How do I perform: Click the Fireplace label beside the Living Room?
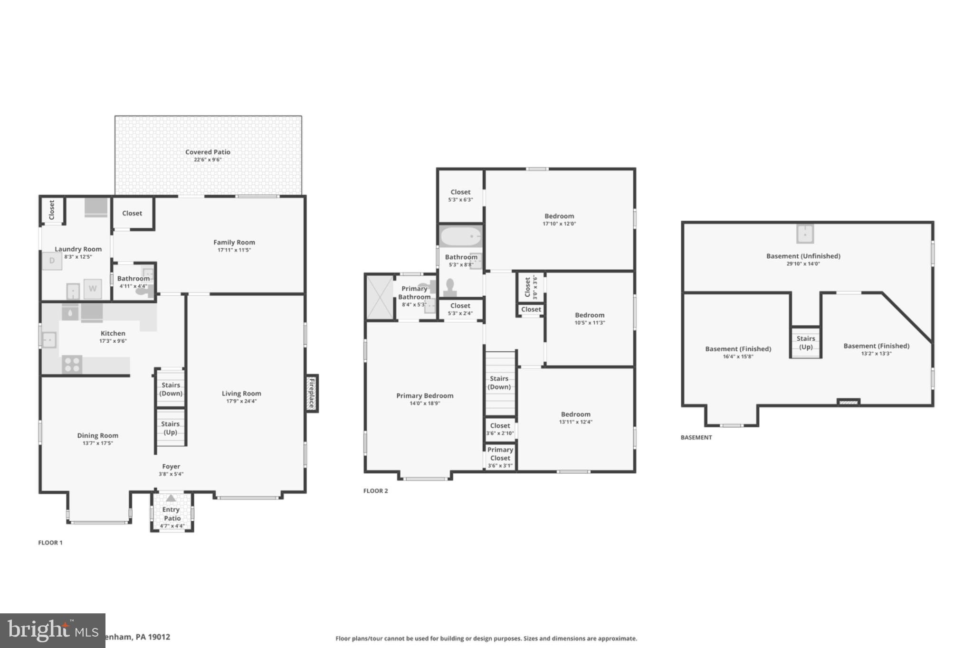click(x=312, y=393)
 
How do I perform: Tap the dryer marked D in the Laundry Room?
click(x=52, y=261)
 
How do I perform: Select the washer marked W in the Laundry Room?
click(x=93, y=288)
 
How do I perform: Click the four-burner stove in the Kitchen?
click(x=72, y=365)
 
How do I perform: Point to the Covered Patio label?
click(x=208, y=152)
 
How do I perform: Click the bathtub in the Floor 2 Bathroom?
click(x=460, y=236)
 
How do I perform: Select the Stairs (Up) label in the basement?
click(x=806, y=342)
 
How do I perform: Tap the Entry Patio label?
click(x=172, y=514)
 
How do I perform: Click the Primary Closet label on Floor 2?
click(x=500, y=454)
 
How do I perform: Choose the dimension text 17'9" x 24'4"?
click(x=241, y=401)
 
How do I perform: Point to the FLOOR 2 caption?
click(x=375, y=491)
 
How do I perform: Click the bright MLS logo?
click(x=52, y=630)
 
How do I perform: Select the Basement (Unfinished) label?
click(x=803, y=256)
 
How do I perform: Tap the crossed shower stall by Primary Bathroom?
click(x=380, y=298)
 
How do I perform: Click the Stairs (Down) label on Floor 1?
click(x=171, y=389)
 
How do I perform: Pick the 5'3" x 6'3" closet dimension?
click(x=460, y=200)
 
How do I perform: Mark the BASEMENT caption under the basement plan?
click(x=696, y=437)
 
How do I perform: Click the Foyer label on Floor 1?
click(x=171, y=467)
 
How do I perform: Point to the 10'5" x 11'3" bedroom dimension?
click(x=590, y=323)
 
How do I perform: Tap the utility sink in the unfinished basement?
click(x=805, y=234)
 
